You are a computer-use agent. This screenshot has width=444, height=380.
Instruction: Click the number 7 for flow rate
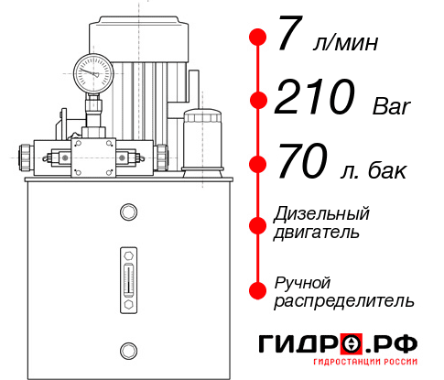click(x=289, y=38)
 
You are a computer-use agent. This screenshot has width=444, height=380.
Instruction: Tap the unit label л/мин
click(x=342, y=43)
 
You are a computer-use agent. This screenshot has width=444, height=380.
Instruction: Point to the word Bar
click(x=393, y=106)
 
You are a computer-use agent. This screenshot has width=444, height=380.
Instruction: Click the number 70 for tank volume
click(x=302, y=165)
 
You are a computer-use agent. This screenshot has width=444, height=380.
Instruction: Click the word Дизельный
click(x=321, y=214)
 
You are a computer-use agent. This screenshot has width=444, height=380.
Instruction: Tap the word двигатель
click(x=317, y=233)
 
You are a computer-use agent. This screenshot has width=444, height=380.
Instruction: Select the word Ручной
click(x=302, y=281)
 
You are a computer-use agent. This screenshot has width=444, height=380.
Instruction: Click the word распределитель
click(x=344, y=300)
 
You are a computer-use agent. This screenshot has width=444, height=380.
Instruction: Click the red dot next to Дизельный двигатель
click(x=258, y=224)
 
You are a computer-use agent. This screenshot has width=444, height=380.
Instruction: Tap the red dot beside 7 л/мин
click(x=258, y=38)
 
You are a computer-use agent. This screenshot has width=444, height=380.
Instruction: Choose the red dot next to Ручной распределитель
click(x=258, y=290)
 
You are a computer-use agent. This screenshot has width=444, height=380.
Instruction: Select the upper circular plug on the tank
click(x=127, y=213)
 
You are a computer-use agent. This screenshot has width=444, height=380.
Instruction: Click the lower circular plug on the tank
click(x=127, y=349)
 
